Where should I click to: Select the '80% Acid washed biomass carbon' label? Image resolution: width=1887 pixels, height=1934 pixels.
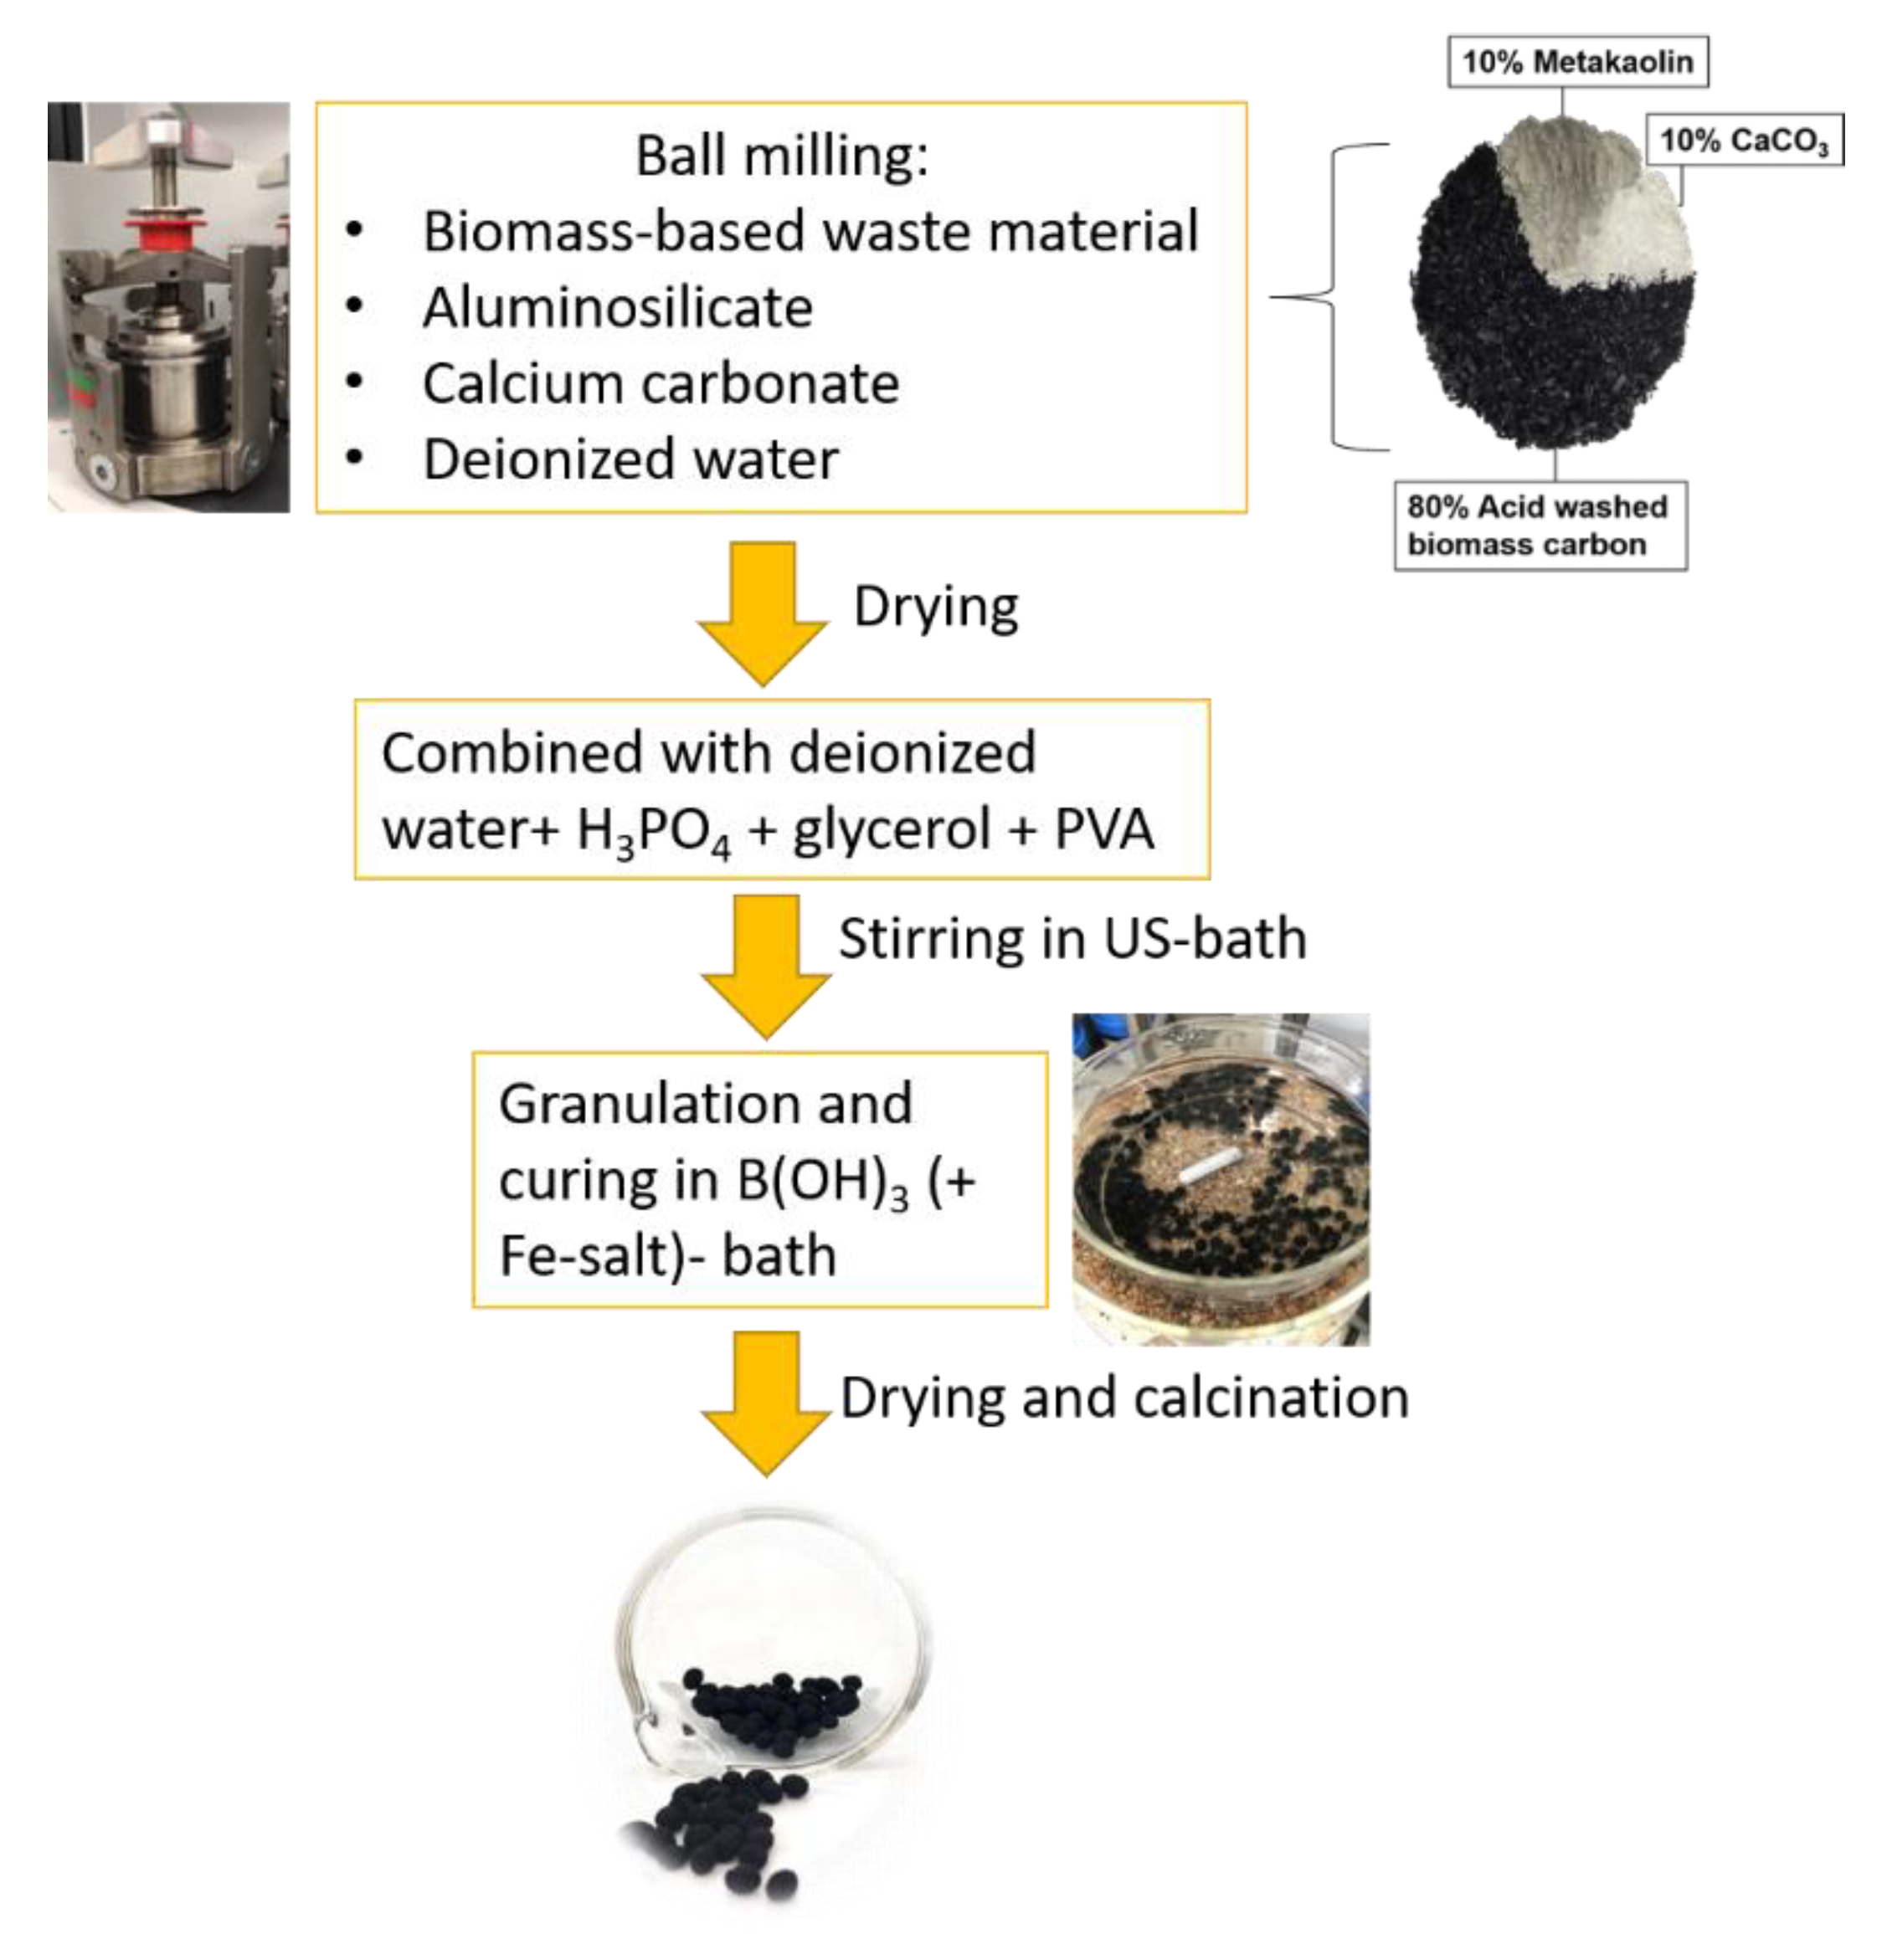[x=1539, y=525]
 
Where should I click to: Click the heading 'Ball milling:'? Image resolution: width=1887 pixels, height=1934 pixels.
[x=782, y=156]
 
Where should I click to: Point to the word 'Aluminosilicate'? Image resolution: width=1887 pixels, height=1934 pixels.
[x=618, y=307]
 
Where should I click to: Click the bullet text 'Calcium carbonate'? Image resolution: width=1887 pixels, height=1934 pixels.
[x=660, y=383]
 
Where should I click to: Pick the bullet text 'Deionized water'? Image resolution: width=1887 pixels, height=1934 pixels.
[x=630, y=459]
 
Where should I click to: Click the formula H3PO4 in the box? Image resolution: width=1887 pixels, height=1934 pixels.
[x=654, y=830]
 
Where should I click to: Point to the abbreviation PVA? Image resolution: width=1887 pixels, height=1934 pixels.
[x=1103, y=828]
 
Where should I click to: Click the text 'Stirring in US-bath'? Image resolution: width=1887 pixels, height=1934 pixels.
[x=1072, y=938]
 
